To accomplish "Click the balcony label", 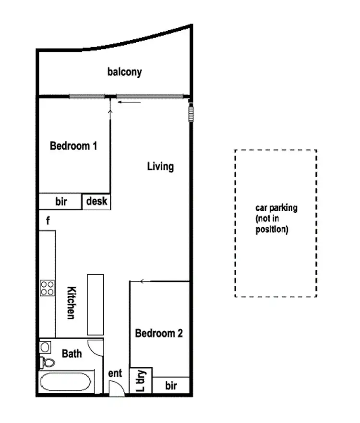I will [124, 73].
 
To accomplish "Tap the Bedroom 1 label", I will [73, 145].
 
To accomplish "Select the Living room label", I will [160, 167].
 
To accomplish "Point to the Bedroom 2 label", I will [159, 333].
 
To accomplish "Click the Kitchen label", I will [71, 303].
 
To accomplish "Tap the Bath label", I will [72, 354].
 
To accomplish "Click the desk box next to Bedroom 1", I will [97, 202].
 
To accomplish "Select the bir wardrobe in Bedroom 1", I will [61, 202].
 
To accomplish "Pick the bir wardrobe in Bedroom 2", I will [171, 386].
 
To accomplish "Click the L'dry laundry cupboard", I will [141, 381].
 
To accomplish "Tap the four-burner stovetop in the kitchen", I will [48, 288].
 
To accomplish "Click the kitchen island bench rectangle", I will [95, 304].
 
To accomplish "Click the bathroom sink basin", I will [45, 347].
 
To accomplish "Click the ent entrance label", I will [115, 373].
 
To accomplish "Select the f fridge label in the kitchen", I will [48, 221].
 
